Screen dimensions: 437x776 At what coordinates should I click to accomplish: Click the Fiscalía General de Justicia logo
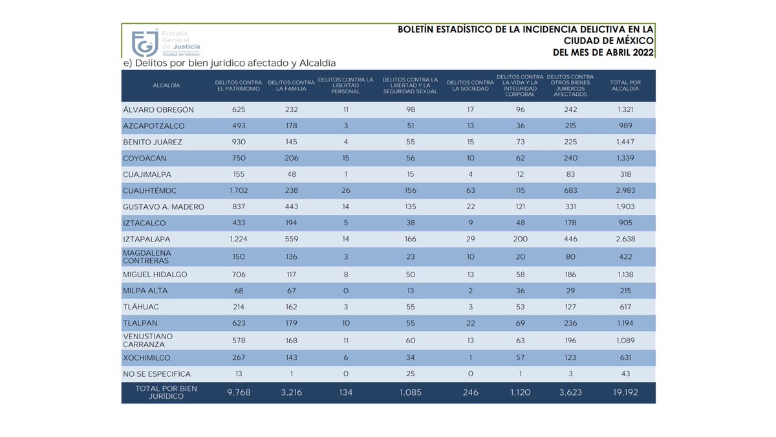click(x=166, y=43)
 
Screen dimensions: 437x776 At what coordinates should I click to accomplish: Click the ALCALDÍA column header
click(x=166, y=85)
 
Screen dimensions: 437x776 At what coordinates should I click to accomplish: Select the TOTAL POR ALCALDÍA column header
click(x=625, y=85)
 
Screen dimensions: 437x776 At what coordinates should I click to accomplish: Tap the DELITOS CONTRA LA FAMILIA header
click(x=291, y=85)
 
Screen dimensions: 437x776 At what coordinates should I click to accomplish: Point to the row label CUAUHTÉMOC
click(x=149, y=191)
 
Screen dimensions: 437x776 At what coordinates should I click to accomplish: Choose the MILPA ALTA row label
click(x=145, y=291)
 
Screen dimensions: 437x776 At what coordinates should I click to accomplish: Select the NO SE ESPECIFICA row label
click(x=156, y=374)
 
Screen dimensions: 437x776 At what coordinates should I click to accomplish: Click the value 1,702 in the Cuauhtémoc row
click(x=239, y=191)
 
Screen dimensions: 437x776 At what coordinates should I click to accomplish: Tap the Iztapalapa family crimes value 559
click(x=291, y=240)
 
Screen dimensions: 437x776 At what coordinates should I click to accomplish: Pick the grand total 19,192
click(x=625, y=392)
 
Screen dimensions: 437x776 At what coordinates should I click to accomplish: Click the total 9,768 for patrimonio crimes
click(x=238, y=392)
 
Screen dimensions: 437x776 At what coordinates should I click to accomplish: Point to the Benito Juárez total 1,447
click(x=625, y=142)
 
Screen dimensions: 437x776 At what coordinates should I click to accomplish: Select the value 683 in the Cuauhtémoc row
click(x=570, y=191)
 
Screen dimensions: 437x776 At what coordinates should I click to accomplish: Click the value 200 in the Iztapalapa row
click(x=520, y=240)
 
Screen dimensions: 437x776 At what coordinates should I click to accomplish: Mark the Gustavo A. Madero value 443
click(x=291, y=207)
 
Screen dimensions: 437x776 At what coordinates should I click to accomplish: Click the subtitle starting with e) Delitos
click(x=230, y=63)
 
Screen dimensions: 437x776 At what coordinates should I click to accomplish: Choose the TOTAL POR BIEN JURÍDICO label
click(x=157, y=392)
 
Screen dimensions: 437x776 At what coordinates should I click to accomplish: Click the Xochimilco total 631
click(x=625, y=358)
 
